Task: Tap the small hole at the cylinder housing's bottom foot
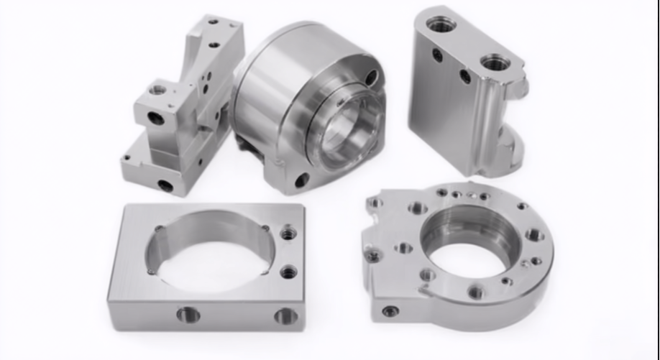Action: pos(302,180)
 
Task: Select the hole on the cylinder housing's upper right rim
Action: pos(371,77)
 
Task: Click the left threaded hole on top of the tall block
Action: pos(441,24)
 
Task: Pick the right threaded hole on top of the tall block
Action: pos(495,63)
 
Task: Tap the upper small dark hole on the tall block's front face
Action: pos(437,54)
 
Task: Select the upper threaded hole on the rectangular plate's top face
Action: pos(288,233)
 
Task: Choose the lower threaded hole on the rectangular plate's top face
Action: pos(288,272)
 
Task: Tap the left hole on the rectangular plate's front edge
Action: pos(188,314)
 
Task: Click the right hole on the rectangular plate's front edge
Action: pos(285,315)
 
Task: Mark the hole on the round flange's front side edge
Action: pos(390,311)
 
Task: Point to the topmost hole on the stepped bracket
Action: pos(214,22)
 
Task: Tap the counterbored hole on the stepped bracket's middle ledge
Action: pos(157,90)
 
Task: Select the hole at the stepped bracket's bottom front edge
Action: pos(165,185)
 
